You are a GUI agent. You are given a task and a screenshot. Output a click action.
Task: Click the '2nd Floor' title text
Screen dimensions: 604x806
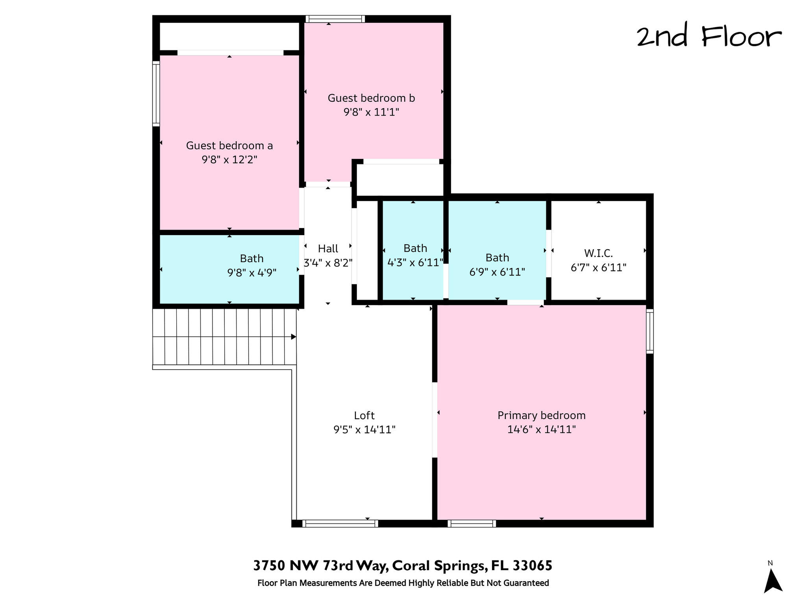pos(709,37)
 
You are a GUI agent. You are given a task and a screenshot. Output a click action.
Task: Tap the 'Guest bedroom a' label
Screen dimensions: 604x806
pos(229,145)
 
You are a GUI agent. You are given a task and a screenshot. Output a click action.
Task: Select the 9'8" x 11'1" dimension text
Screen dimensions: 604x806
pos(371,112)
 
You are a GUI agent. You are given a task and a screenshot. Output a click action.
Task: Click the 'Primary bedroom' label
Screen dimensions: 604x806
pos(541,415)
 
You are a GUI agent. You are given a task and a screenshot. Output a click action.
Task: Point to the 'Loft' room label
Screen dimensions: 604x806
pos(364,415)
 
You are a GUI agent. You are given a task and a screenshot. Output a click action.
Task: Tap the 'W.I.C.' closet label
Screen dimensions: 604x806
pos(598,253)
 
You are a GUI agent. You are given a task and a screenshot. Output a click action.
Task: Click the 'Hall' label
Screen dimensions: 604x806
pos(328,249)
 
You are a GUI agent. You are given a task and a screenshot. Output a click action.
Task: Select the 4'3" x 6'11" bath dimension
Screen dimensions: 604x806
pos(415,262)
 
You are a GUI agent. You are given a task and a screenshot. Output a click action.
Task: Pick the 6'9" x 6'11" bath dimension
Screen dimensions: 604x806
pos(497,272)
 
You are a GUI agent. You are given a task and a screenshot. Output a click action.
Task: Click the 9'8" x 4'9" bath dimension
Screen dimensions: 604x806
pos(251,273)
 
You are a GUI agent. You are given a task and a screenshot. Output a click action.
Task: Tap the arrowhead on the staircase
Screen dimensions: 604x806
pos(293,337)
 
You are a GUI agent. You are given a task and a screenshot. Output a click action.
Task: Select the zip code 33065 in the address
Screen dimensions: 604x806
pos(532,566)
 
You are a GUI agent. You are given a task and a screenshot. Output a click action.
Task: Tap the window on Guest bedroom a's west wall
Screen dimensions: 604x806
pos(156,94)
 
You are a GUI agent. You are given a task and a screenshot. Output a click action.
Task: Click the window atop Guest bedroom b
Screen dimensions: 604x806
pos(335,19)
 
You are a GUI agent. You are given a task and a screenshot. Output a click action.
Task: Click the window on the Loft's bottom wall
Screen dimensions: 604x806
pos(340,523)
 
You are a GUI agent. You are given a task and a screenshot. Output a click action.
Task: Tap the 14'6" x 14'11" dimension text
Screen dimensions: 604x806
pos(541,429)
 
